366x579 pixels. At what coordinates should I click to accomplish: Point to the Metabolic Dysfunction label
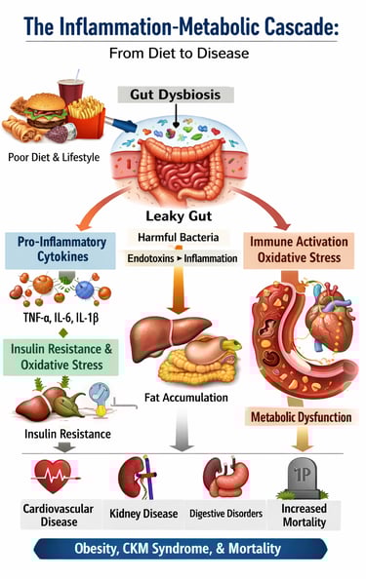click(300, 416)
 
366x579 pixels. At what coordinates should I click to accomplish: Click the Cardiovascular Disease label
click(52, 515)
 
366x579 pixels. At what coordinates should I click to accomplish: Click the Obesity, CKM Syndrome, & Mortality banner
click(183, 549)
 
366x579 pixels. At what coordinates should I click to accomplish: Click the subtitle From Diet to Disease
click(183, 54)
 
